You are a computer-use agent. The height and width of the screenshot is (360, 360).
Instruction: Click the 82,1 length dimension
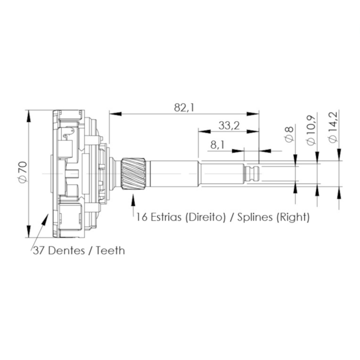click(x=184, y=107)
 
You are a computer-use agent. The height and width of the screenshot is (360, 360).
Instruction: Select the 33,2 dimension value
click(x=229, y=125)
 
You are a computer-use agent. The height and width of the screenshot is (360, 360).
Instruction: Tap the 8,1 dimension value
click(x=217, y=145)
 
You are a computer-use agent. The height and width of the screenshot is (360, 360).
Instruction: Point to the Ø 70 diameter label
click(x=23, y=173)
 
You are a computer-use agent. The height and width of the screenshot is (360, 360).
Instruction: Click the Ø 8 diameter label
click(x=289, y=134)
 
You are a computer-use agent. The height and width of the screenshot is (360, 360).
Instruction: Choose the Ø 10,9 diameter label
click(x=311, y=130)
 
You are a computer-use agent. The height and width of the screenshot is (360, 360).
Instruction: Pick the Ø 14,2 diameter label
click(x=333, y=127)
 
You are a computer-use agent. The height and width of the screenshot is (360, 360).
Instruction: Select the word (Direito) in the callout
click(x=205, y=217)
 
